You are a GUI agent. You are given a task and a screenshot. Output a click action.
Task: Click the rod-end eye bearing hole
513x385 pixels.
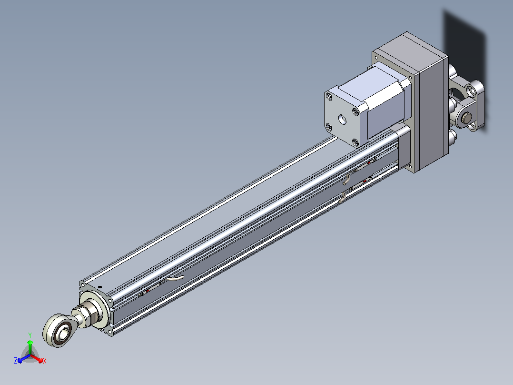(62, 333)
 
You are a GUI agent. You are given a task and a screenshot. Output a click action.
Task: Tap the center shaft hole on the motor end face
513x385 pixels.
(342, 119)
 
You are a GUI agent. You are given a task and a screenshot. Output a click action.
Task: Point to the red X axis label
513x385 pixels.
(45, 361)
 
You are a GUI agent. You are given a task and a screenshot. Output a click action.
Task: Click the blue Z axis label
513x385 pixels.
(16, 361)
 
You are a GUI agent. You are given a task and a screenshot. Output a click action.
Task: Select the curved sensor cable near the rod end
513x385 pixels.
(175, 278)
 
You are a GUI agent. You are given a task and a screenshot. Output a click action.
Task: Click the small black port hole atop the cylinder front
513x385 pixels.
(100, 287)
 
